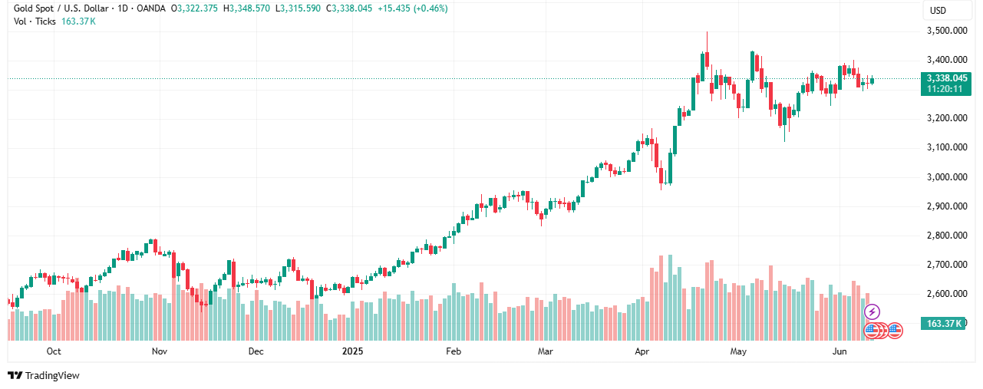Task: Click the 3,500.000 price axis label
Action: click(946, 31)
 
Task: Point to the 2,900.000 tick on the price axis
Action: click(946, 206)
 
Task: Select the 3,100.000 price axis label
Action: click(946, 147)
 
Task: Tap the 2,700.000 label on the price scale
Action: click(946, 265)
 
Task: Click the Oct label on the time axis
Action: click(54, 351)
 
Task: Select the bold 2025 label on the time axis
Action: click(352, 351)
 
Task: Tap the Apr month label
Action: click(642, 351)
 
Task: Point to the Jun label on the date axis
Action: click(840, 351)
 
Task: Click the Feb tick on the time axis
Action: click(453, 351)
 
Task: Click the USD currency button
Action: click(938, 11)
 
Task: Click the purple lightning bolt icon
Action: click(872, 312)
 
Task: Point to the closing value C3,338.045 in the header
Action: click(352, 8)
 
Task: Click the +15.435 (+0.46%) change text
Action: click(414, 8)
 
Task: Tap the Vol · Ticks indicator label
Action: click(35, 21)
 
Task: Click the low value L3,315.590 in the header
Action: click(300, 8)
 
